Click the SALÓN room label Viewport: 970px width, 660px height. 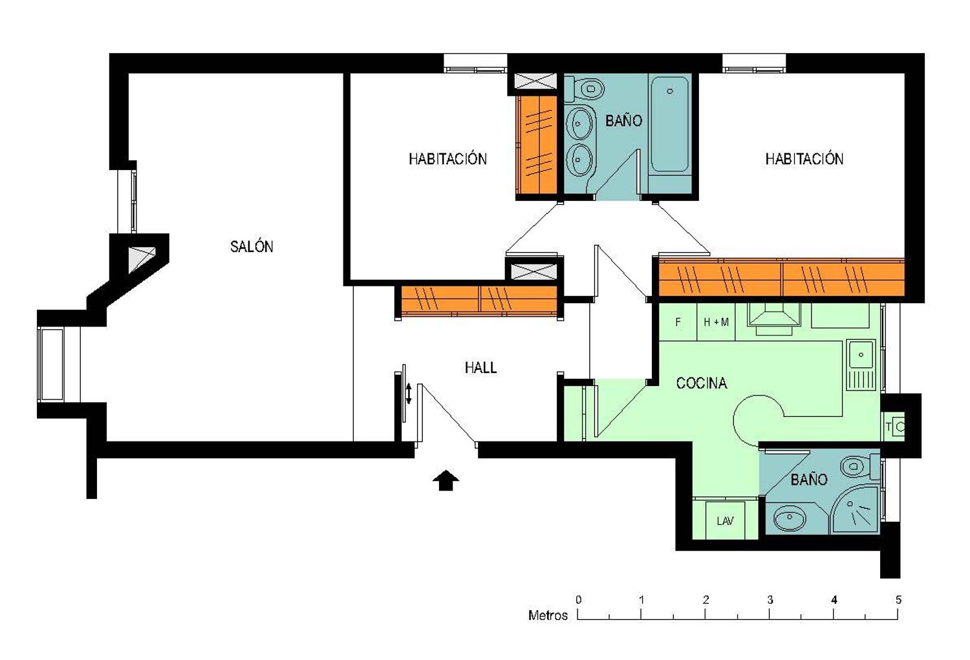click(251, 246)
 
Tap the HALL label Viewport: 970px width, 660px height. click(480, 368)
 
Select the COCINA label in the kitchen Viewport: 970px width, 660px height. click(702, 383)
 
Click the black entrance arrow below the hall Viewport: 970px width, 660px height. click(446, 480)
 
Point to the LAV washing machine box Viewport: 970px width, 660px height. click(726, 520)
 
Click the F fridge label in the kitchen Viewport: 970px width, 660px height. click(678, 322)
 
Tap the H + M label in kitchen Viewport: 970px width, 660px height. click(717, 322)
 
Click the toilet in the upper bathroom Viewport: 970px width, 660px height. click(585, 89)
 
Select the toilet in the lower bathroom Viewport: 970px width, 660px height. click(860, 467)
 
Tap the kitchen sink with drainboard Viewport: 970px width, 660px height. click(862, 365)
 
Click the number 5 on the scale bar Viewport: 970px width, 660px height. click(899, 600)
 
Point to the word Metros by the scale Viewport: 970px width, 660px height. click(548, 615)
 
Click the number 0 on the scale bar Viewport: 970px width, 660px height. click(579, 600)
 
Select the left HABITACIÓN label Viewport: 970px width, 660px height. click(447, 159)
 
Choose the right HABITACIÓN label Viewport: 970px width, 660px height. click(804, 159)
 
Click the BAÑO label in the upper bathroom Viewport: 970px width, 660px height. click(623, 121)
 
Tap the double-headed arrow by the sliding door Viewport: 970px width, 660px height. click(408, 394)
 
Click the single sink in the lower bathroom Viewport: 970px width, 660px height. click(790, 518)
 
